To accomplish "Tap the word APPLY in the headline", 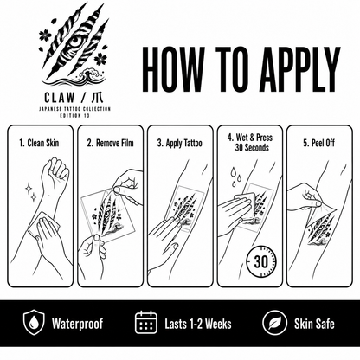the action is [299, 69].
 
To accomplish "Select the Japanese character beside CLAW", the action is [96, 98].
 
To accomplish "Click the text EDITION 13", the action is [74, 116].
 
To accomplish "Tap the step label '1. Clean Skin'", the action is [39, 143].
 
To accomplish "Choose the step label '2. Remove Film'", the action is [110, 143].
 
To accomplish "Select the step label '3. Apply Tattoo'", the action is [179, 143].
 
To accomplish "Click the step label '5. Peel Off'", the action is [318, 143].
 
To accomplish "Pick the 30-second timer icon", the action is [260, 261].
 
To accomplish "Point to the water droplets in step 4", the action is [235, 177].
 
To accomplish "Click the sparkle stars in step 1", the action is [31, 192].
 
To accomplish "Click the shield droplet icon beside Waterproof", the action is [34, 322].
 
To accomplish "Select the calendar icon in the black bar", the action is [146, 322].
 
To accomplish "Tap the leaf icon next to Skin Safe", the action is [274, 323].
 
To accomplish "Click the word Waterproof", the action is [77, 324].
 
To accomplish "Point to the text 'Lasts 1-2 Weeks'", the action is [198, 324].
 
